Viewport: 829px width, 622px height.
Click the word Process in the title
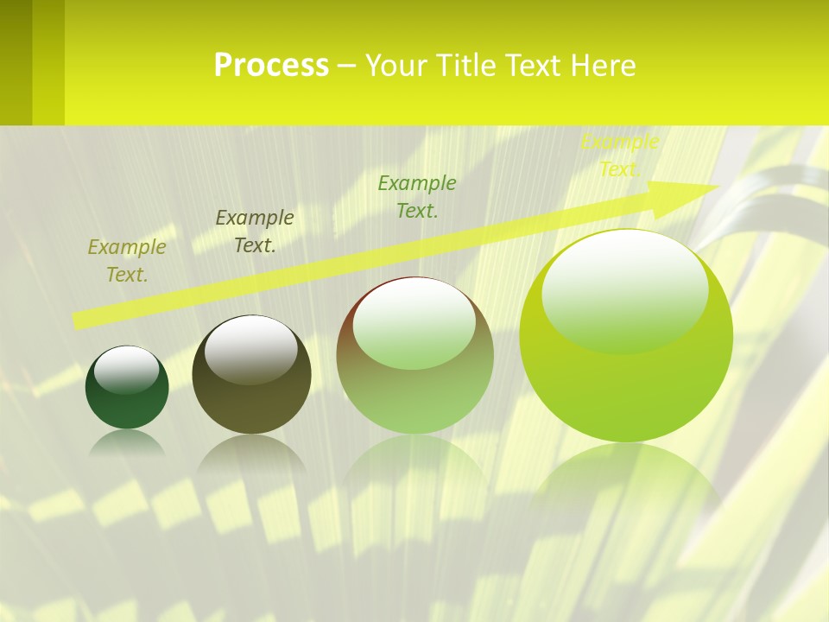[271, 66]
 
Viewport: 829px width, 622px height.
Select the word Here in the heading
[604, 66]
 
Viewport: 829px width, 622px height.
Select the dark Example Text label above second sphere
[255, 231]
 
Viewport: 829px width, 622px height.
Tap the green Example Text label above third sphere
[417, 196]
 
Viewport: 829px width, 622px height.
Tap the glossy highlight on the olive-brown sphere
[251, 348]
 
